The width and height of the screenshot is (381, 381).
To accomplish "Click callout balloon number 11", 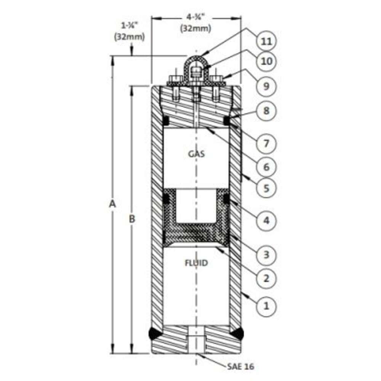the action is pos(266,41).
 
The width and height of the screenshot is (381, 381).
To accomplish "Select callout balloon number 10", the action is pos(266,61).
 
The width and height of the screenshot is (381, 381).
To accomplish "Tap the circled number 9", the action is pos(266,86).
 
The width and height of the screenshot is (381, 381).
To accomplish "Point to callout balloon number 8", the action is pos(266,111).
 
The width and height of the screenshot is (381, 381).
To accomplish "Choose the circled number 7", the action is pos(266,143).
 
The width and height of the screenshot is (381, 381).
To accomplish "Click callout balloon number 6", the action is pos(266,167).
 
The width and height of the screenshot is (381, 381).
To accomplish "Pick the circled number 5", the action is pos(266,188).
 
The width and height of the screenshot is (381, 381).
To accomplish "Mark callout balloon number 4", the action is pos(266,220).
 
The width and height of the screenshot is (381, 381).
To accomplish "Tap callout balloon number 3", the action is pos(266,255).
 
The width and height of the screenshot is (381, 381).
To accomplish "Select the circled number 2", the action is pos(266,278).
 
